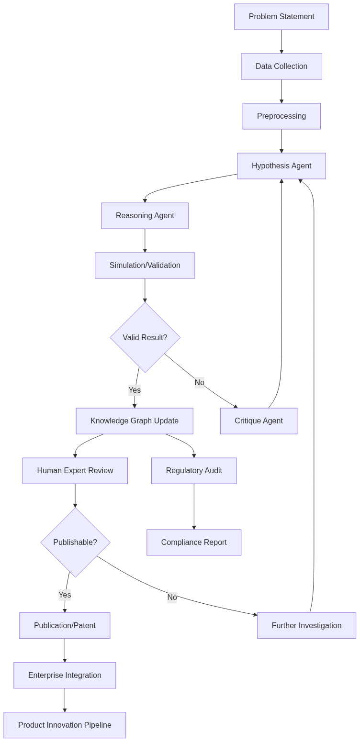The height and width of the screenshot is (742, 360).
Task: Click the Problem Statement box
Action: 281,17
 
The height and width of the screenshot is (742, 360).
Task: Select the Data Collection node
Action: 281,66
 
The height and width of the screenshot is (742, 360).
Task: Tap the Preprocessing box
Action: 281,116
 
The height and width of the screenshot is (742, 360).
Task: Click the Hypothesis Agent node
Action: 281,166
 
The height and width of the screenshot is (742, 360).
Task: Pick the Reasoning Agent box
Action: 145,216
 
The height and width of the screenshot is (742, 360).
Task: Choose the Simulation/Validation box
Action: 145,266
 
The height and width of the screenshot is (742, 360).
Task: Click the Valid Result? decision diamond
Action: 145,338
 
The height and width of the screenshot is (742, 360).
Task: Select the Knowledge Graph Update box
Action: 135,421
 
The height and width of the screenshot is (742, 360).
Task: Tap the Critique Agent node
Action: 259,421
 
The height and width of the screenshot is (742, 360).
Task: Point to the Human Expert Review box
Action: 75,471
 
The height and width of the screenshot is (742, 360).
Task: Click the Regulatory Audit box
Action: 194,471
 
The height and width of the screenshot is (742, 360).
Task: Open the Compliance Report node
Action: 194,543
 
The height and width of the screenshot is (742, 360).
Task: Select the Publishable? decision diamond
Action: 75,543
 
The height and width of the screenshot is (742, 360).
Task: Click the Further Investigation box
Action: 306,626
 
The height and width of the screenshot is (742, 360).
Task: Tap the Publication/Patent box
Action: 65,626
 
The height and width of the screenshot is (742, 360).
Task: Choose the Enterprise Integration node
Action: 65,676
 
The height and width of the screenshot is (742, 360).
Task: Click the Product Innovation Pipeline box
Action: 65,725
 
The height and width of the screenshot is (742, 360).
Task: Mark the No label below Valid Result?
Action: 200,383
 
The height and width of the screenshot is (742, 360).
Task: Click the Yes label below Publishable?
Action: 65,595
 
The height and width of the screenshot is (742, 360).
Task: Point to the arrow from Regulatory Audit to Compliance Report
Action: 194,507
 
